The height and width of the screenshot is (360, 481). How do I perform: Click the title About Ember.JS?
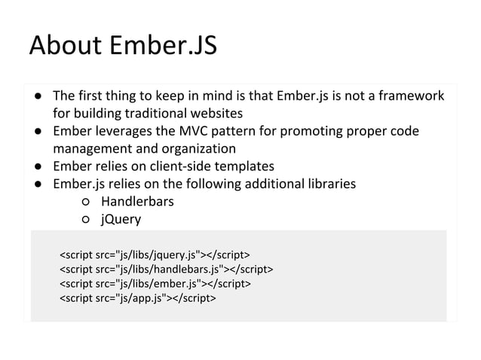pyautogui.click(x=123, y=46)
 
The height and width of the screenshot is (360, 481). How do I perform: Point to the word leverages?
pyautogui.click(x=125, y=132)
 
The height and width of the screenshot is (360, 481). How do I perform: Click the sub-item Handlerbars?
pyautogui.click(x=137, y=202)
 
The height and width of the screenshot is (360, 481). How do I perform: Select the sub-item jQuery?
pyautogui.click(x=121, y=219)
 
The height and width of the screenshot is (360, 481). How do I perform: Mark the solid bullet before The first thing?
pyautogui.click(x=36, y=97)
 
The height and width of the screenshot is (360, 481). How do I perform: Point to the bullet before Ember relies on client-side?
pyautogui.click(x=36, y=166)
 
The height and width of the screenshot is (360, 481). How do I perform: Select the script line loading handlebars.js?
pyautogui.click(x=166, y=267)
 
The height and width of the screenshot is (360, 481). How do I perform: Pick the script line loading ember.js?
pyautogui.click(x=155, y=283)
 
